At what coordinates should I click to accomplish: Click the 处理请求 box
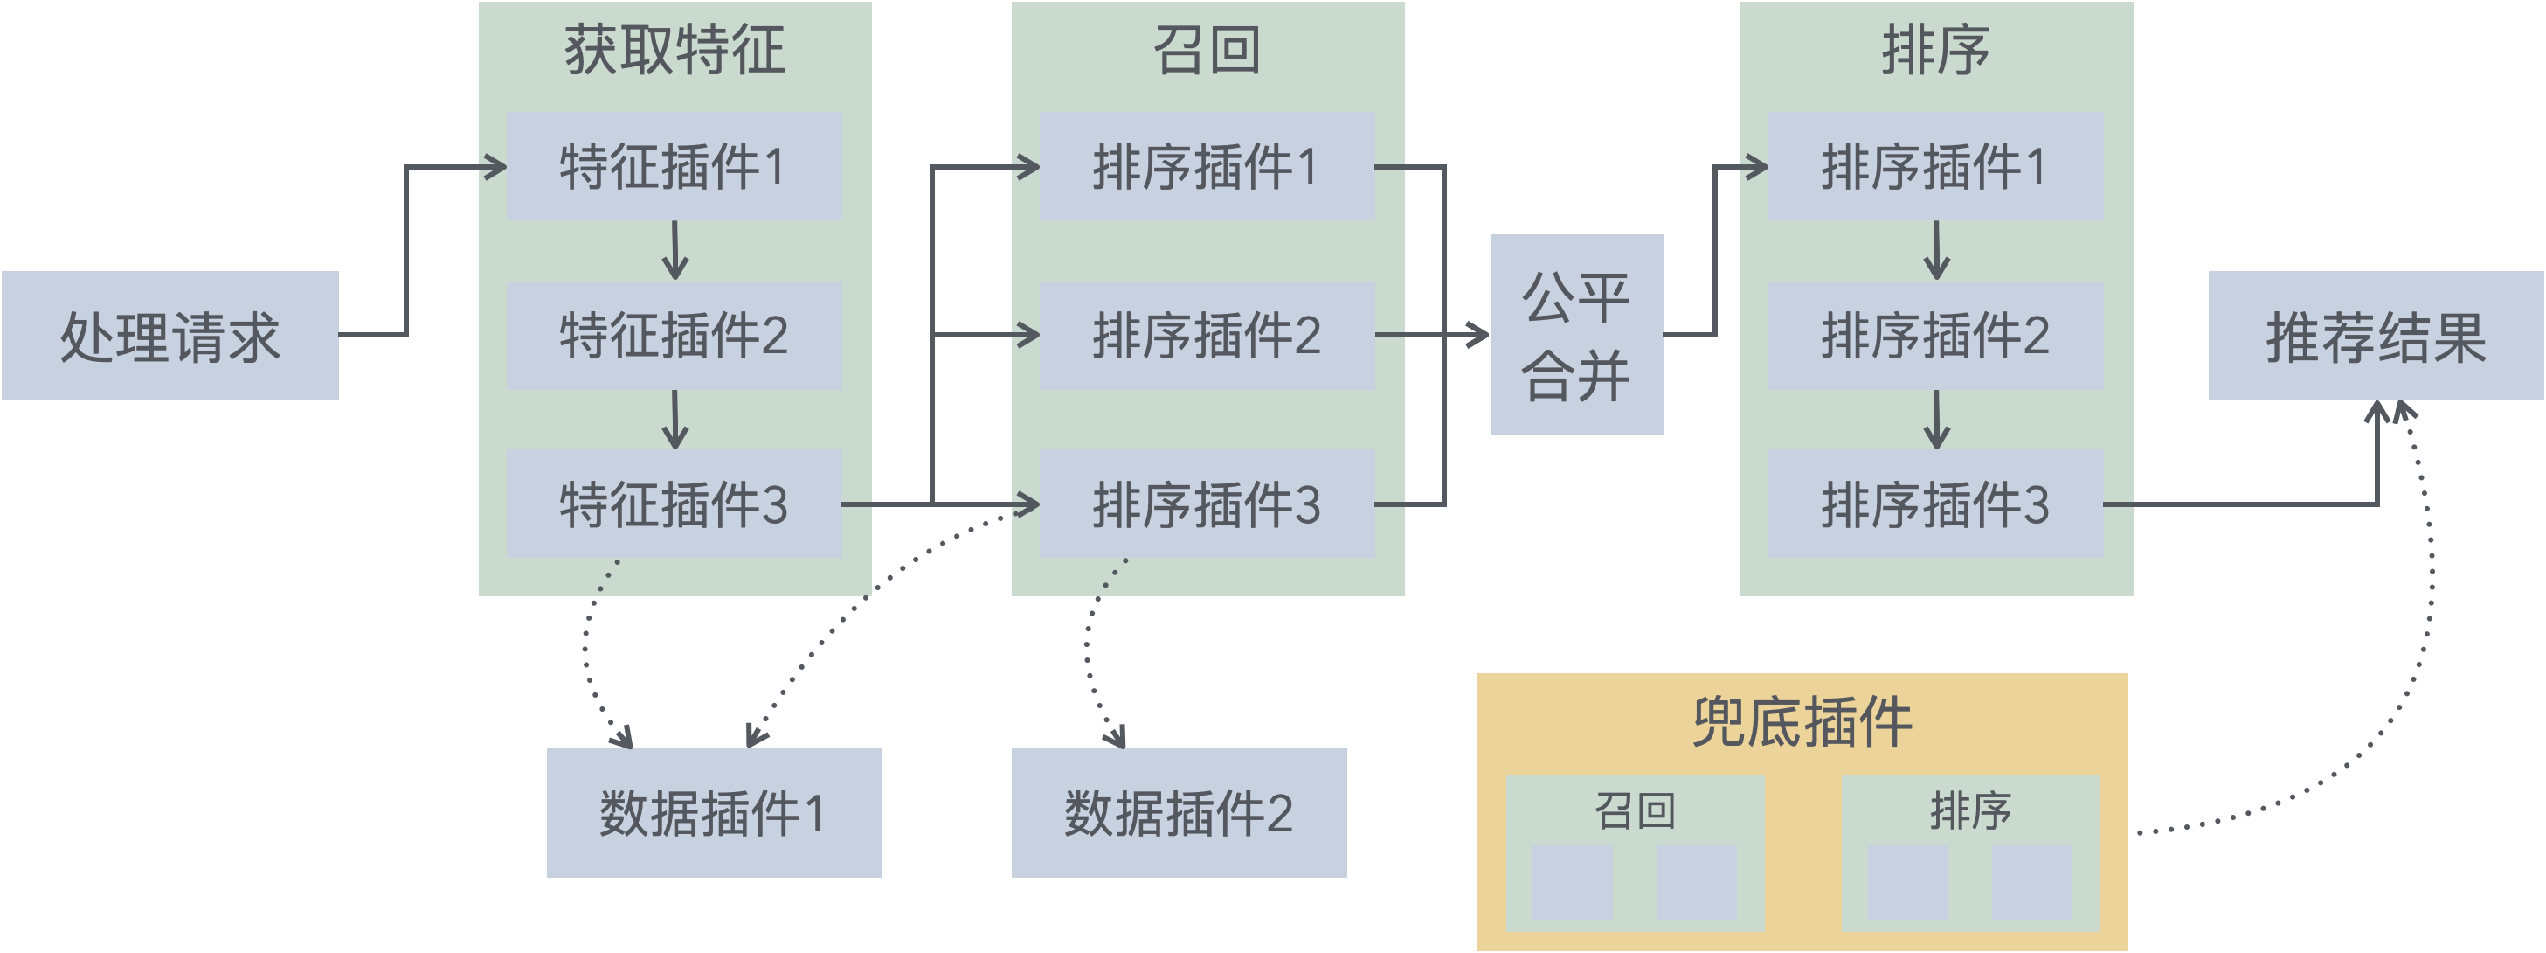pyautogui.click(x=170, y=336)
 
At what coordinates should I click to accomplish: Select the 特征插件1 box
pyautogui.click(x=674, y=166)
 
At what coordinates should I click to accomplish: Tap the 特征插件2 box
pyautogui.click(x=674, y=335)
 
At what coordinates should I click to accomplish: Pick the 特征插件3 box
pyautogui.click(x=674, y=504)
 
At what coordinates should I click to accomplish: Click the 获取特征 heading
pyautogui.click(x=674, y=51)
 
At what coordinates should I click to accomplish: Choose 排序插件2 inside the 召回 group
pyautogui.click(x=1207, y=335)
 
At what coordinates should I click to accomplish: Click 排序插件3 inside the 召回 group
pyautogui.click(x=1207, y=504)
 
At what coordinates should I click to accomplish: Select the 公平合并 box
pyautogui.click(x=1576, y=335)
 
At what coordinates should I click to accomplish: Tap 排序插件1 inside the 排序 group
pyautogui.click(x=1935, y=166)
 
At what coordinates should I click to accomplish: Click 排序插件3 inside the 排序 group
pyautogui.click(x=1935, y=504)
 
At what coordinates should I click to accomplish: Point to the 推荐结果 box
pyautogui.click(x=2376, y=336)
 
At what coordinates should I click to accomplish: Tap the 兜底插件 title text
pyautogui.click(x=1802, y=723)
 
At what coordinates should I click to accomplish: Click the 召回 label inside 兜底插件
pyautogui.click(x=1635, y=810)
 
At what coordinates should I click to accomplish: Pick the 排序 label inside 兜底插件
pyautogui.click(x=1971, y=810)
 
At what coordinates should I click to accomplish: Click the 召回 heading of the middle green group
pyautogui.click(x=1207, y=51)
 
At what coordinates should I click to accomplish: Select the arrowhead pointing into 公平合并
pyautogui.click(x=1479, y=335)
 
